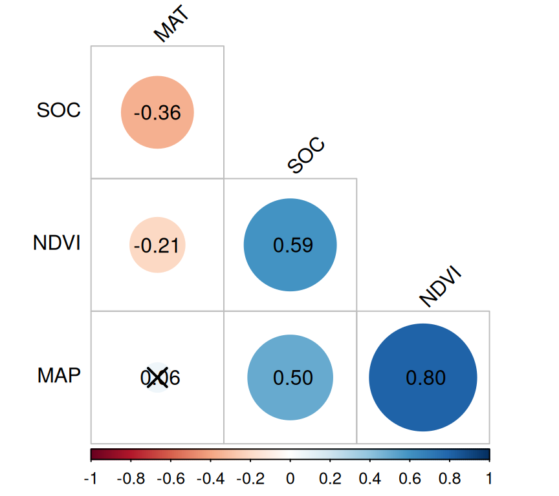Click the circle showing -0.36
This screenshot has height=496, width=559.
click(158, 112)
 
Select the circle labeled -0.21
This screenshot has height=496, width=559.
click(158, 245)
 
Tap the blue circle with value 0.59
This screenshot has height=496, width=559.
click(290, 245)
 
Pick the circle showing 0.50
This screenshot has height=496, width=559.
click(290, 378)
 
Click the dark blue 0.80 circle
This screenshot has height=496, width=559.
click(423, 377)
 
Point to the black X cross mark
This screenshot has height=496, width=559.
click(157, 377)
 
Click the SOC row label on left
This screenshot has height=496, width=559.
click(59, 110)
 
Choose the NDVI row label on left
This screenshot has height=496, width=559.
click(57, 243)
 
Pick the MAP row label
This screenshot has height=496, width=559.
click(59, 376)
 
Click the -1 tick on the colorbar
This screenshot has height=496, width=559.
click(91, 479)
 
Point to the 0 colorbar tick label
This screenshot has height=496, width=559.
click(290, 479)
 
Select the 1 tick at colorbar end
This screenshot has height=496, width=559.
click(489, 479)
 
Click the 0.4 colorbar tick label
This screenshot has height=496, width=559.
click(369, 479)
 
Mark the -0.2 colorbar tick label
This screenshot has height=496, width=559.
click(249, 479)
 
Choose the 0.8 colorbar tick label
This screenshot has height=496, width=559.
click(450, 479)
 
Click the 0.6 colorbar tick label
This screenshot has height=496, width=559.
click(410, 479)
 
